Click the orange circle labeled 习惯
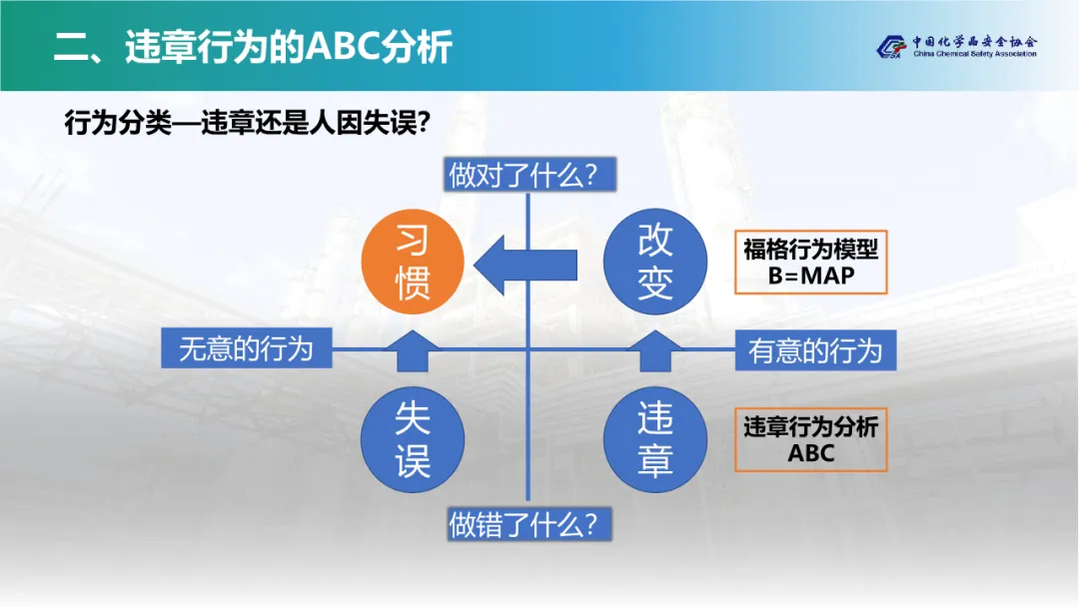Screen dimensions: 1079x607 (x=414, y=263)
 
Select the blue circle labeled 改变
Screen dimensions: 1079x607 (x=655, y=263)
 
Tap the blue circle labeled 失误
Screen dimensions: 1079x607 (x=414, y=439)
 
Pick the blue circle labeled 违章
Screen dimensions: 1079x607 (x=655, y=439)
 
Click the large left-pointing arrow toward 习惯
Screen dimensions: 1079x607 (x=526, y=264)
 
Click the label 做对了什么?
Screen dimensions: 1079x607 (x=530, y=176)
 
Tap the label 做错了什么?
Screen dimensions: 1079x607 (x=530, y=523)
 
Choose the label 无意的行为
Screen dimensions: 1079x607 (x=246, y=348)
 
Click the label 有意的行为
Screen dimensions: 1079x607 (x=815, y=350)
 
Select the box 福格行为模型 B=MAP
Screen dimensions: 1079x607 (x=810, y=263)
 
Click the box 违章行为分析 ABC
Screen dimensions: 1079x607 (x=810, y=440)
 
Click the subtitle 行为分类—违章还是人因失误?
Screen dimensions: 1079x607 (x=248, y=123)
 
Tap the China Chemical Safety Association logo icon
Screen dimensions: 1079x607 (x=888, y=47)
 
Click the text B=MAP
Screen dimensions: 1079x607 (x=811, y=277)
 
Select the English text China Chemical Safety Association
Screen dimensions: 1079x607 (x=974, y=54)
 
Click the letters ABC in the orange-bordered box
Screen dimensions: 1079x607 (x=811, y=454)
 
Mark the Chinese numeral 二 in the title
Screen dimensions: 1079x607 (x=71, y=48)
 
